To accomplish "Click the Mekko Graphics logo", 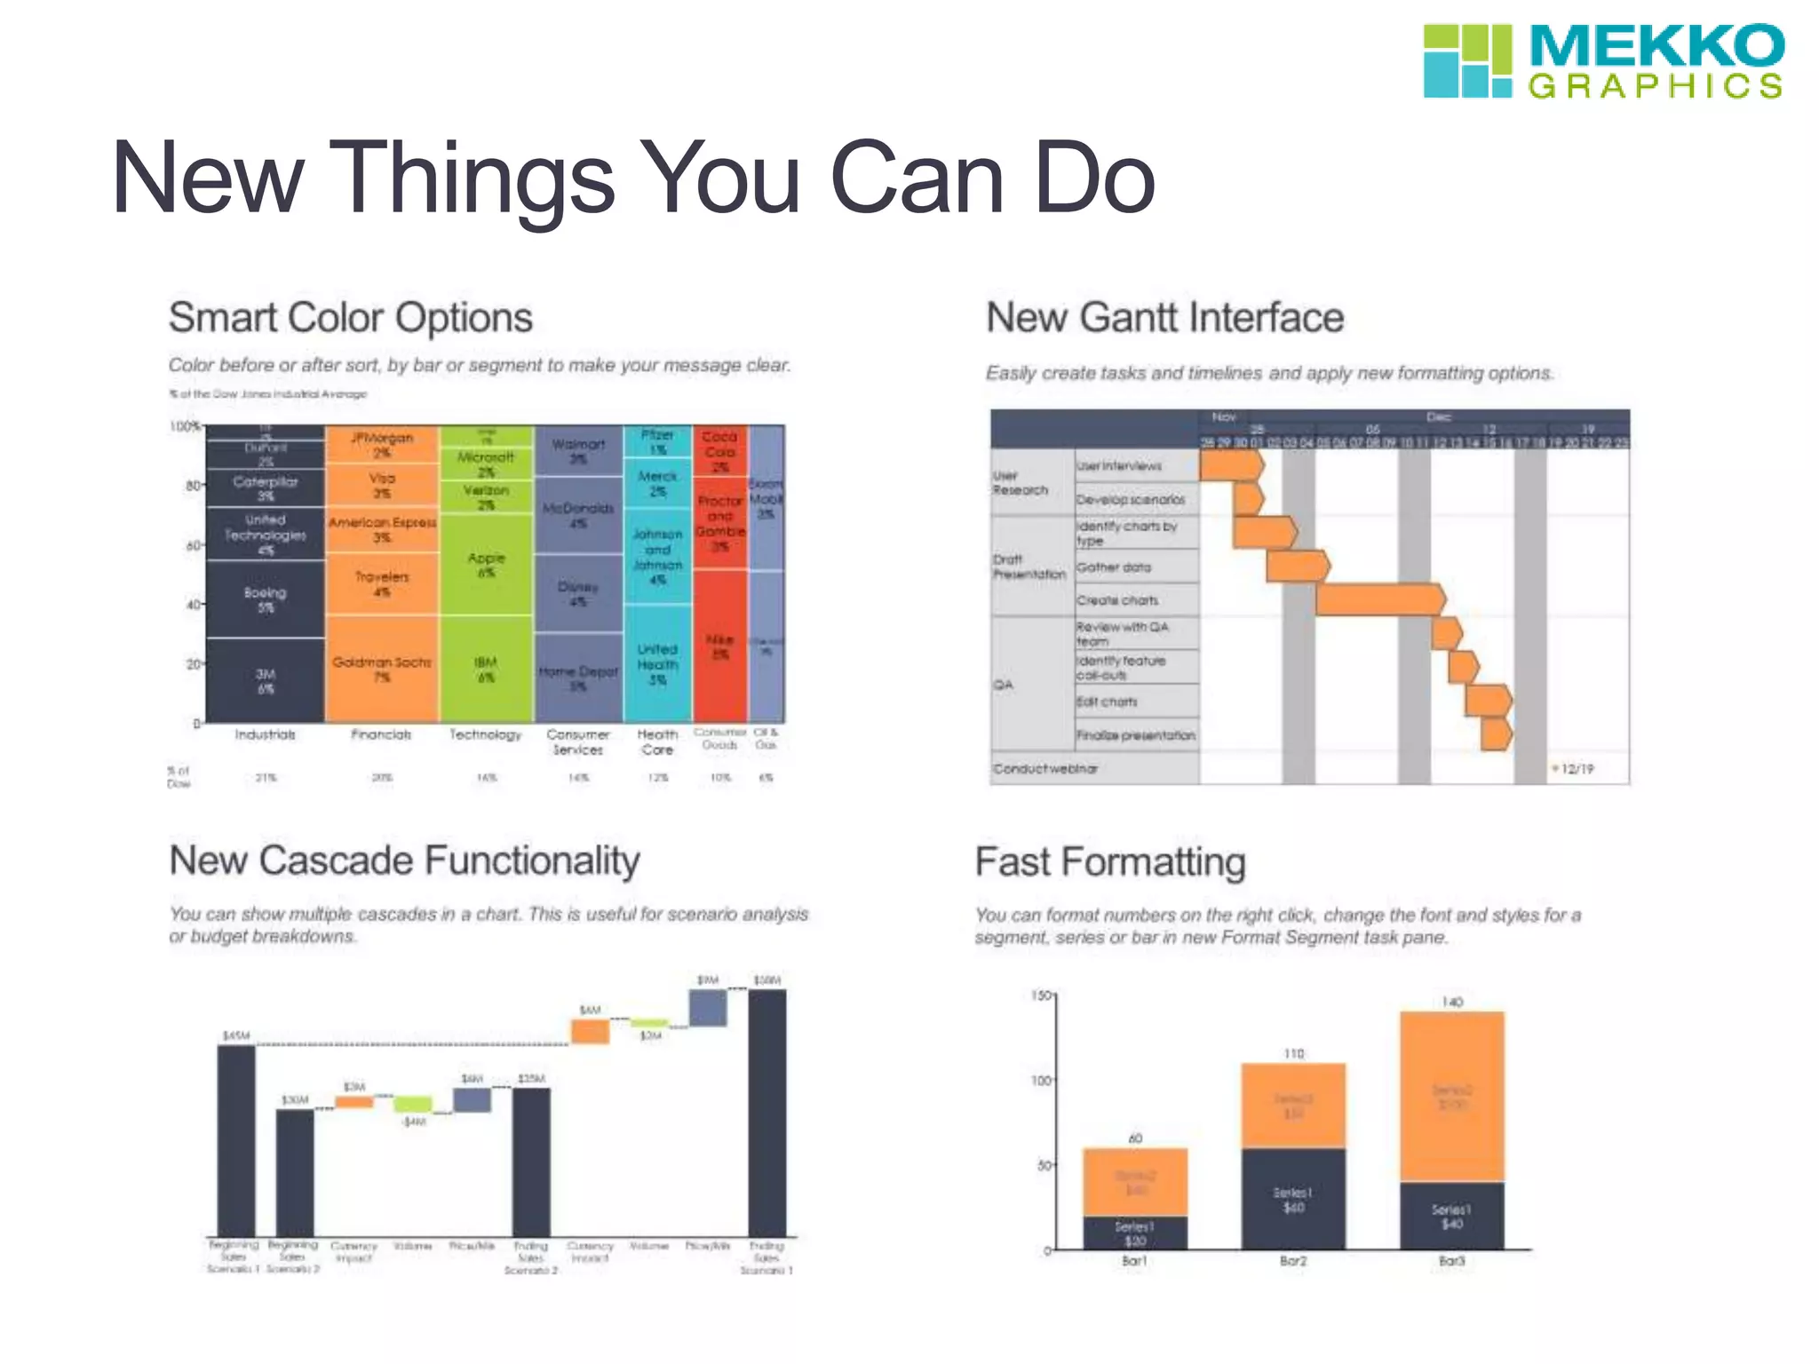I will (1602, 60).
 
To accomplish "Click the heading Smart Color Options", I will (350, 318).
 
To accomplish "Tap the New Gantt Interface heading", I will (1164, 318).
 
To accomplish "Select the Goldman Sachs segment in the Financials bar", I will (381, 669).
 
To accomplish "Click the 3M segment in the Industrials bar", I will (265, 680).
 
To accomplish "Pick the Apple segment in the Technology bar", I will (486, 565).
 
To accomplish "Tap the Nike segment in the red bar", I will (719, 646).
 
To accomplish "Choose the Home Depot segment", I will (577, 677).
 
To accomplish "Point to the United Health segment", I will (657, 663).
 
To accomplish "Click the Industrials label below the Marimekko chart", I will (265, 735).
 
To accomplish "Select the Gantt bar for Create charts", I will (1379, 599).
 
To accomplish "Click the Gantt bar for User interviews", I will (1230, 465).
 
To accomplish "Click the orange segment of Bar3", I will (1451, 1096).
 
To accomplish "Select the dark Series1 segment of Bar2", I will (1293, 1199).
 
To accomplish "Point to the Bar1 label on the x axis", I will (1134, 1261).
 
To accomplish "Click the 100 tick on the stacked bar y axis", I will (1041, 1081).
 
